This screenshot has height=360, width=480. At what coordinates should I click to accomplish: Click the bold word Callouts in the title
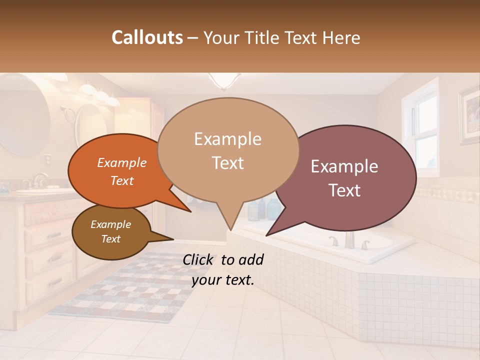click(x=147, y=37)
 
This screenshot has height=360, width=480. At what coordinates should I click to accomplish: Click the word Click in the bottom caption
click(x=200, y=259)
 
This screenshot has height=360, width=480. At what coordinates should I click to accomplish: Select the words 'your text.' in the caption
click(x=223, y=280)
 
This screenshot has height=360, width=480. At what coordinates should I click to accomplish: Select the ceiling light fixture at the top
click(x=220, y=80)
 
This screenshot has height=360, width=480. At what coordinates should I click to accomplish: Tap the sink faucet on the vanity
click(x=38, y=180)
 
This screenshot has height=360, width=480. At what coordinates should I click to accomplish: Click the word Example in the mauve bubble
click(x=344, y=166)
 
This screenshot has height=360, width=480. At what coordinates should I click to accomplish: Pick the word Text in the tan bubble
click(x=228, y=163)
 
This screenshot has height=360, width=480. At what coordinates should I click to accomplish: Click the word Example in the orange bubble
click(x=122, y=162)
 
